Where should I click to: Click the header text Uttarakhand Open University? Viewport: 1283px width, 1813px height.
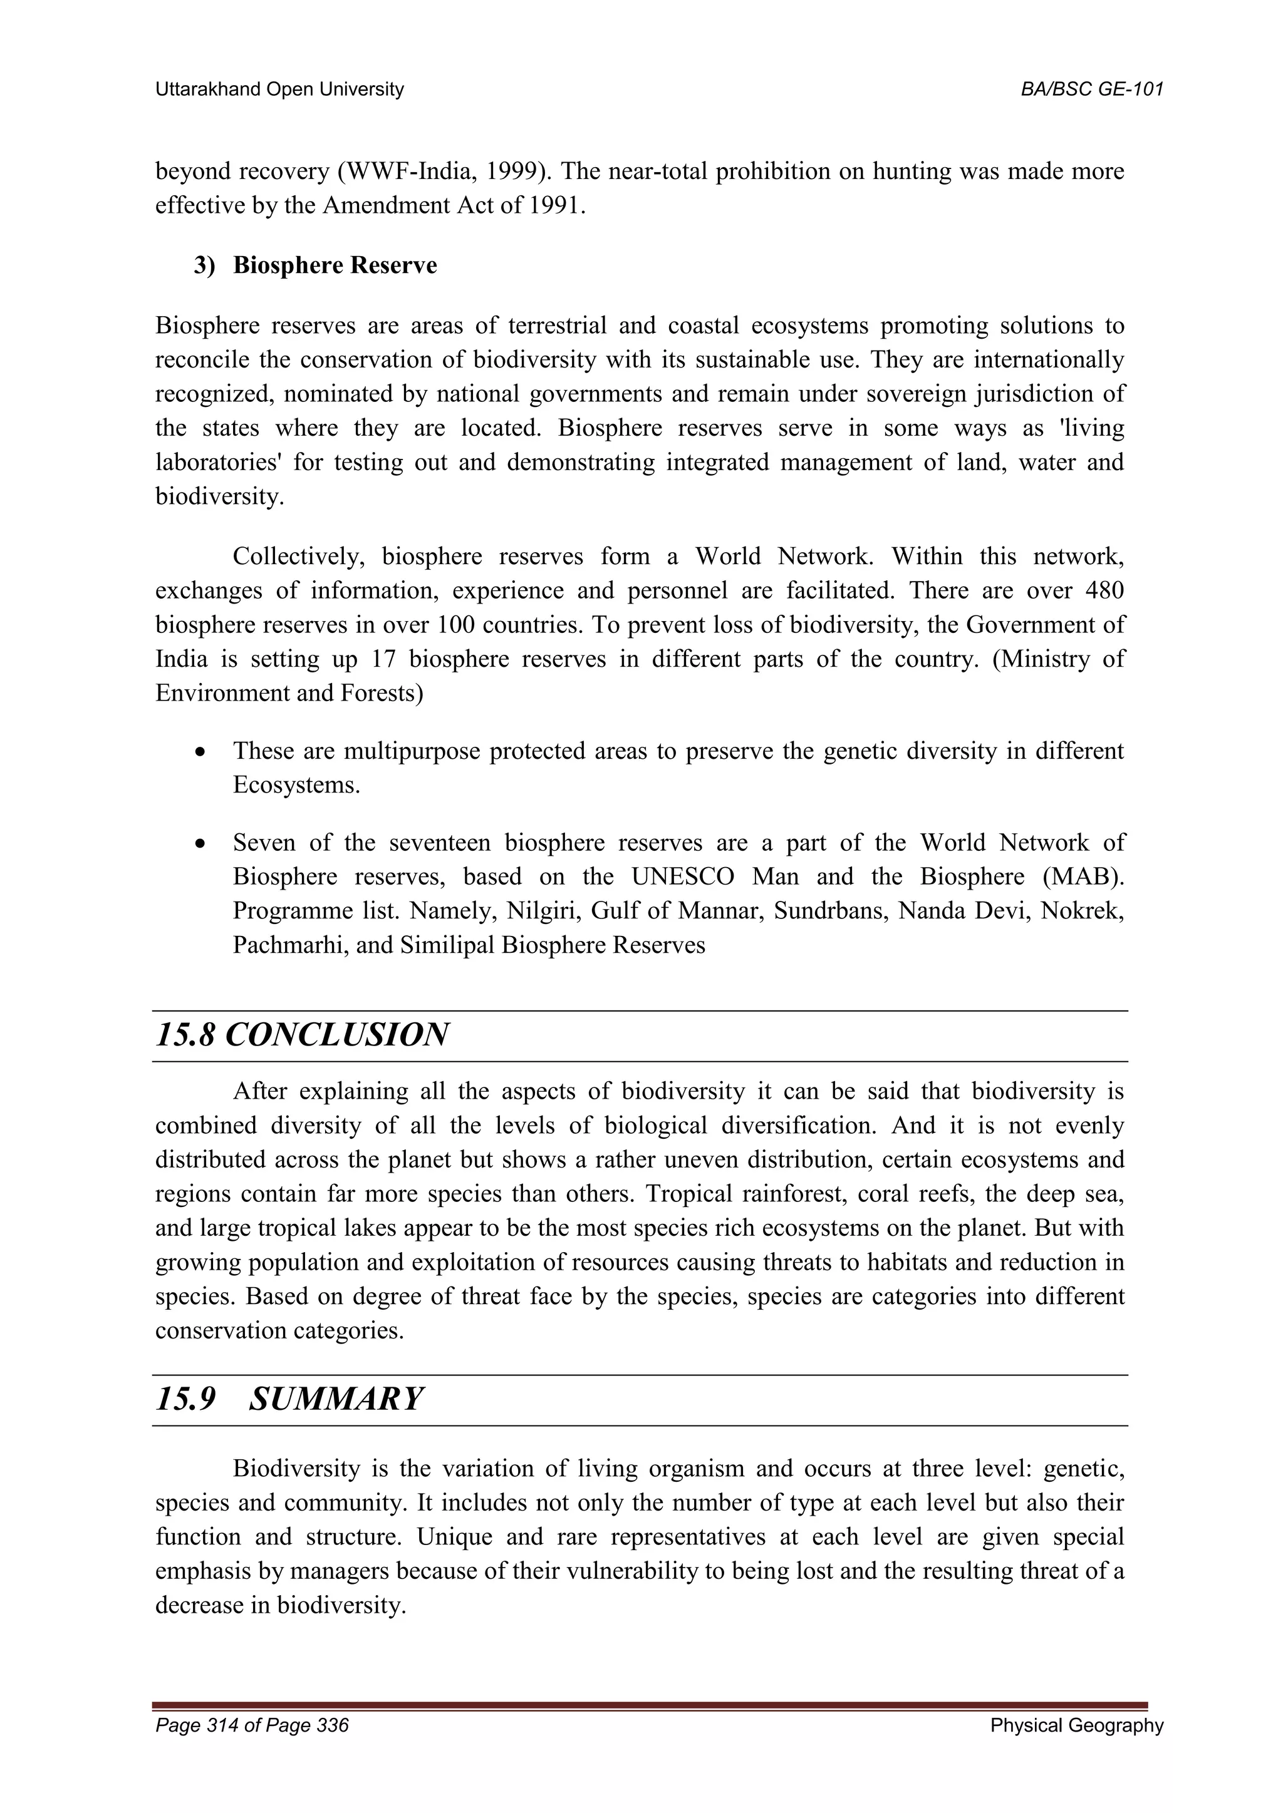tap(279, 90)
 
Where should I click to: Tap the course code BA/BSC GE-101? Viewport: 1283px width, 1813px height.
tap(1092, 90)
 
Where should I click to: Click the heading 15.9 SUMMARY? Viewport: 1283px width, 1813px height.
tap(289, 1399)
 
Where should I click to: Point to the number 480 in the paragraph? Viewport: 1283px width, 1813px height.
tap(1104, 590)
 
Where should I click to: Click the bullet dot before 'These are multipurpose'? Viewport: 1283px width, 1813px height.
tap(202, 752)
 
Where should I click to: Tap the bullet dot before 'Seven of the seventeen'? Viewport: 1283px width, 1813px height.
tap(202, 844)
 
